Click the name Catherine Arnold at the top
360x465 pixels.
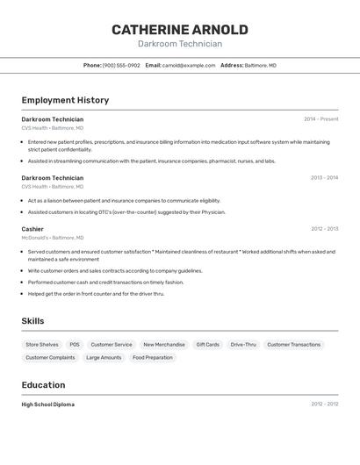180,30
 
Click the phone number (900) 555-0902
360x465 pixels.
121,65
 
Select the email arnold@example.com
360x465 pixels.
188,65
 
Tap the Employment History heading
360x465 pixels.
65,100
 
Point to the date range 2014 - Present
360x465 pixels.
320,119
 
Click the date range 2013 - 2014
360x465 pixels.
324,178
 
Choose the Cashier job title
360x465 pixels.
32,229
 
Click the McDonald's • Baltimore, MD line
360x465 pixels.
53,238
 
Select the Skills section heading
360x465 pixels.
32,321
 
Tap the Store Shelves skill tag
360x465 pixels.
42,345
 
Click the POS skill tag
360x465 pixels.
75,345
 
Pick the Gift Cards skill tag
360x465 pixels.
208,345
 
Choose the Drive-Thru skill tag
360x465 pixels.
243,345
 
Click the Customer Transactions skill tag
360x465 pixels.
294,345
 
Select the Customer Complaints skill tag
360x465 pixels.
50,358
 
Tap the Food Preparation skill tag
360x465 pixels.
153,358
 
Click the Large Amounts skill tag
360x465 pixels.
104,358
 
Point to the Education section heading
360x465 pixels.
43,385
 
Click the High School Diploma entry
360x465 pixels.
48,404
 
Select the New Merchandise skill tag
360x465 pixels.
164,345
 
